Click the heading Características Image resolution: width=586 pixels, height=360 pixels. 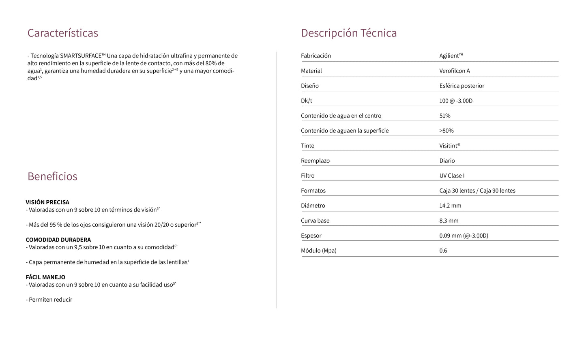pos(62,33)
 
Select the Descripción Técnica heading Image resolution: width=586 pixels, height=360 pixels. pos(349,33)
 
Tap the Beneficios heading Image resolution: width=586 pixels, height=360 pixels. pos(52,176)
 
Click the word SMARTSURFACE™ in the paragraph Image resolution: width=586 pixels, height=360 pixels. pos(83,56)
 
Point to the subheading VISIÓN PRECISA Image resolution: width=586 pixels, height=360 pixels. pos(47,202)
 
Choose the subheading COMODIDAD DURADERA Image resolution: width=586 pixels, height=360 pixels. pos(58,240)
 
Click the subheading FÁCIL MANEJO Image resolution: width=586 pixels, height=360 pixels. pos(45,277)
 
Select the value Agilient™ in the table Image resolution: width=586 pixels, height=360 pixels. pos(451,56)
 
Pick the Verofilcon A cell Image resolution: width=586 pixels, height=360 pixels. pos(455,71)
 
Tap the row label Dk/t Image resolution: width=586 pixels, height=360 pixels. pos(307,101)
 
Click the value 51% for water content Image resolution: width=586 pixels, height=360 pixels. pos(445,116)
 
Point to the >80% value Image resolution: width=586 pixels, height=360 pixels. pos(446,131)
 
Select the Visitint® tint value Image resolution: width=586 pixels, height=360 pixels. pos(450,146)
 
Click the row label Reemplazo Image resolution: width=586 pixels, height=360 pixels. pos(315,161)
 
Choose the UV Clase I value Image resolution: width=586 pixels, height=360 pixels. pos(452,176)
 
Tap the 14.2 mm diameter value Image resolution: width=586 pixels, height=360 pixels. pos(450,206)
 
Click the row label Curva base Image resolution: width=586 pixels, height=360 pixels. pos(315,221)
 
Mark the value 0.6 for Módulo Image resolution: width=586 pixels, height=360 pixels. pos(443,251)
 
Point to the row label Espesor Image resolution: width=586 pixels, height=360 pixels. pos(311,236)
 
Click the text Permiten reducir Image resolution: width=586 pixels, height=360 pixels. pos(50,300)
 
